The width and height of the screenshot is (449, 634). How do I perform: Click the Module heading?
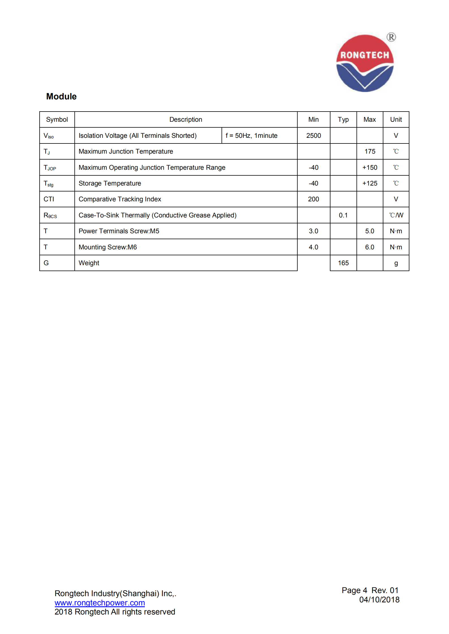coord(61,97)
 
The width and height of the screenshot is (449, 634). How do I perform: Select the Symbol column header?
coord(57,119)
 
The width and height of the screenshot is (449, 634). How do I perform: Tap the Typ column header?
coord(343,119)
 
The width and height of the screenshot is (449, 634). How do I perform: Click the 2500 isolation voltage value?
coord(313,136)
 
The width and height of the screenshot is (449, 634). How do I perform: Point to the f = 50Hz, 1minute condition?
coord(251,136)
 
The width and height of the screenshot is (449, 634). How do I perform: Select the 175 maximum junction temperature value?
coord(369,151)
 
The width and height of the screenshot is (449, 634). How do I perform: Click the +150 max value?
coord(369,167)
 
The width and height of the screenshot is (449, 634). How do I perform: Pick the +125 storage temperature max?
coord(369,183)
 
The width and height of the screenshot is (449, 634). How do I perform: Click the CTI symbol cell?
coord(49,199)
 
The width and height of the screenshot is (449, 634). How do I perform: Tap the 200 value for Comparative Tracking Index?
coord(313,199)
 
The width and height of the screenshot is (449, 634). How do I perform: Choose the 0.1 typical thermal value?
coord(343,215)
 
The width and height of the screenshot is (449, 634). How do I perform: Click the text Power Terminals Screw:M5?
coord(119,231)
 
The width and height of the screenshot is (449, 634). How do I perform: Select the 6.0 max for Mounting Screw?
coord(369,247)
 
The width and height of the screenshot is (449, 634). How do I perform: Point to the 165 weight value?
coord(343,263)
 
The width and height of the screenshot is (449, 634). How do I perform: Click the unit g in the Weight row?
coord(396,263)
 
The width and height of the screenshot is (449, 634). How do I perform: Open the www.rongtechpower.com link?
coord(100,603)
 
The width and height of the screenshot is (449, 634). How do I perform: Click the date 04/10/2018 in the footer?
coord(379,600)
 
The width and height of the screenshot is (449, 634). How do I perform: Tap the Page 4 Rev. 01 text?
coord(370,590)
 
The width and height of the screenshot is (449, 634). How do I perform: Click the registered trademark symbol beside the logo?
coord(391,37)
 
